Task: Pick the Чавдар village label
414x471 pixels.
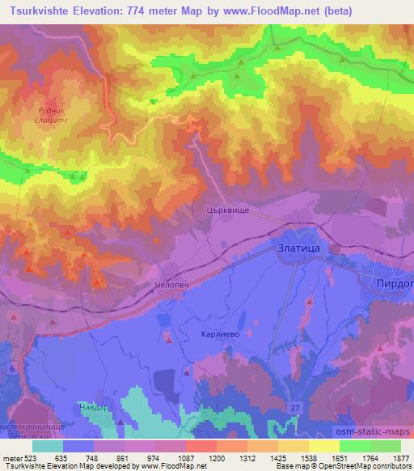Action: point(91,408)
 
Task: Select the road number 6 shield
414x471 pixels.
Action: point(12,369)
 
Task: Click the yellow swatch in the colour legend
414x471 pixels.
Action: point(323,446)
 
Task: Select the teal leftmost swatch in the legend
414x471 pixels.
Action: point(48,446)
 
